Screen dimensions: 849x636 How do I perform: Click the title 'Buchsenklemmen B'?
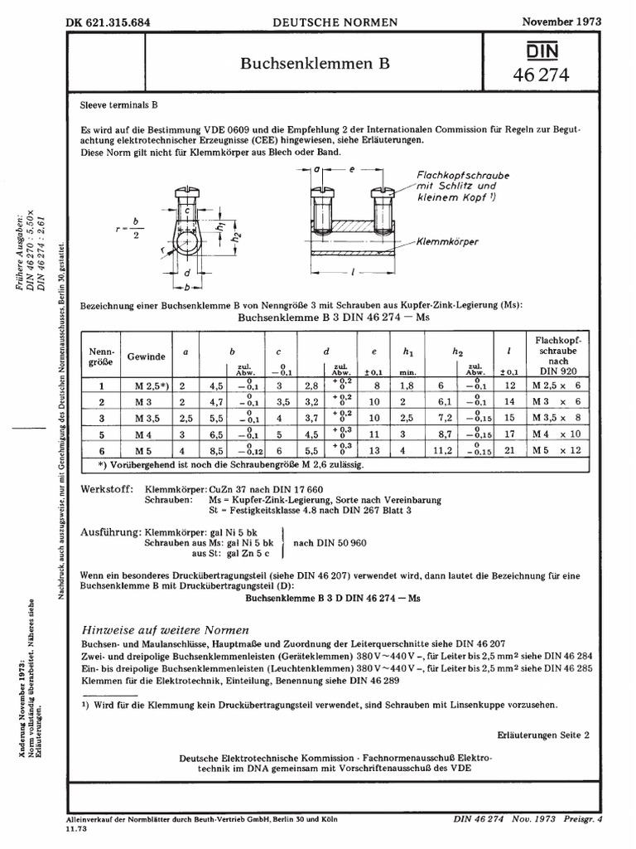click(314, 63)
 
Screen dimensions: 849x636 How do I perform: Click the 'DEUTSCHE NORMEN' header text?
click(335, 21)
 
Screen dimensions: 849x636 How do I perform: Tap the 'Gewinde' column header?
click(146, 356)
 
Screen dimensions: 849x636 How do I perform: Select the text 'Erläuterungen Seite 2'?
click(543, 735)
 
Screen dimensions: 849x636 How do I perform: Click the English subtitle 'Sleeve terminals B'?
click(118, 106)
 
